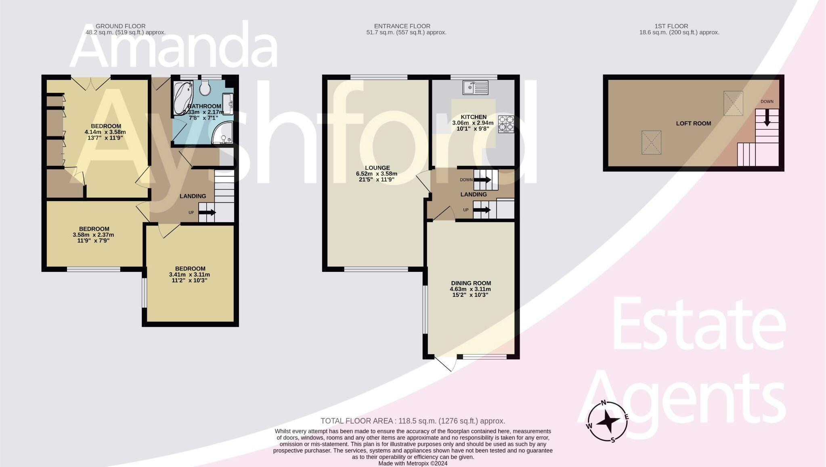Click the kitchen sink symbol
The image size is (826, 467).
pos(476,88)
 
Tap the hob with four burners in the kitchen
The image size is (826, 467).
pos(506,124)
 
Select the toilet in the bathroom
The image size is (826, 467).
pos(205,88)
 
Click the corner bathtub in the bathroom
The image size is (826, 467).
pos(183,98)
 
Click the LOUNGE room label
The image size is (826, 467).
pos(377,168)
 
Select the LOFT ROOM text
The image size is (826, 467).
pos(694,123)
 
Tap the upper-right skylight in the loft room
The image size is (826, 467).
pos(733,103)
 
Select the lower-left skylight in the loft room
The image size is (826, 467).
pos(651,142)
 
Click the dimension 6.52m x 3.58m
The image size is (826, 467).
pos(376,174)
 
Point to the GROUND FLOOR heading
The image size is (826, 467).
pos(120,26)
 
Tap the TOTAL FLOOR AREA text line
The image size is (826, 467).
pos(413,421)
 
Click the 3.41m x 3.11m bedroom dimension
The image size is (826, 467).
pos(189,275)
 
